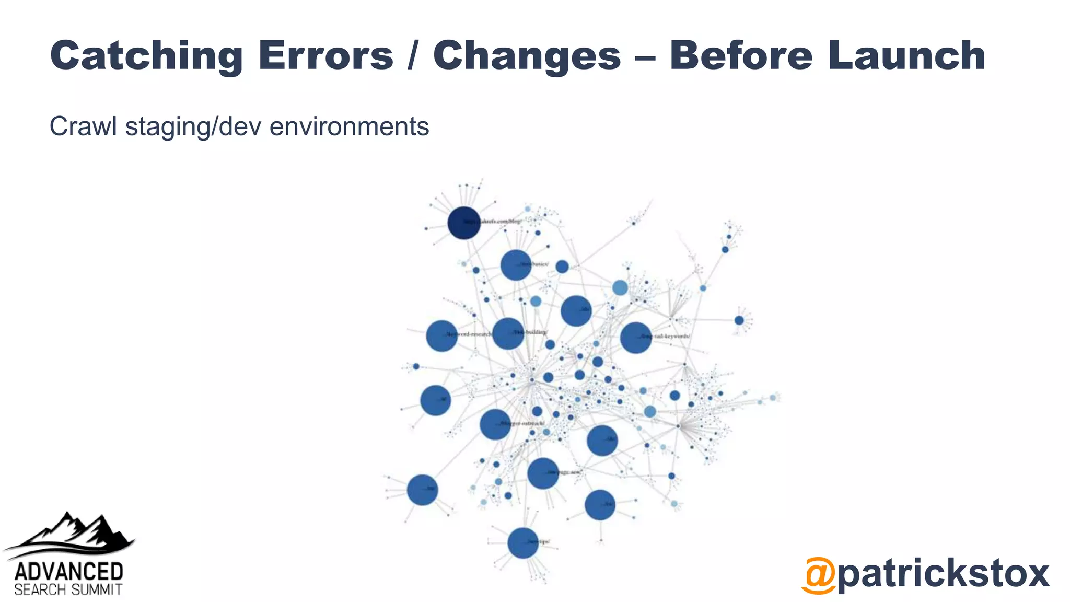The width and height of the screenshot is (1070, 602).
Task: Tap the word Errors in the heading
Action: point(325,55)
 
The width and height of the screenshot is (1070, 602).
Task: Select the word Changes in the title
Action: point(527,55)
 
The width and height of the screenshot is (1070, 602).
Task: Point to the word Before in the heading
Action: point(741,55)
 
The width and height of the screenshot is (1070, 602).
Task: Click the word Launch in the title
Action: point(906,55)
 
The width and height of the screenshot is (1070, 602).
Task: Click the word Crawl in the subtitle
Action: point(83,126)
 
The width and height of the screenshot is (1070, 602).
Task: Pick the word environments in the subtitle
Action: point(349,126)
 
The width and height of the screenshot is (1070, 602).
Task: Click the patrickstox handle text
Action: point(943,574)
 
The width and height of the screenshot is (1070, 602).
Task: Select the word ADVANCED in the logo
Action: point(68,572)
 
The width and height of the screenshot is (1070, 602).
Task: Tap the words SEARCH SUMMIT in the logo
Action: point(68,590)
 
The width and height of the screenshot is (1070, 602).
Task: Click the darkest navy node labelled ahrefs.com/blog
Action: point(464,223)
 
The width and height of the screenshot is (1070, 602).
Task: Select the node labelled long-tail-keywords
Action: point(635,337)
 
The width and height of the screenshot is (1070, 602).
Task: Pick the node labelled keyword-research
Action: point(441,335)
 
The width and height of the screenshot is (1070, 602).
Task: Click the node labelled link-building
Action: point(508,333)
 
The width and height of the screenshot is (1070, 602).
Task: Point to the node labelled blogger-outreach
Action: point(495,424)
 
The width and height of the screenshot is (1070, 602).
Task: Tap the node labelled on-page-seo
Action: point(543,473)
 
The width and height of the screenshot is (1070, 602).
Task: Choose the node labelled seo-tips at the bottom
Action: point(522,543)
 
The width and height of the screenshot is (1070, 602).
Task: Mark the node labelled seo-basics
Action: point(516,265)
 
